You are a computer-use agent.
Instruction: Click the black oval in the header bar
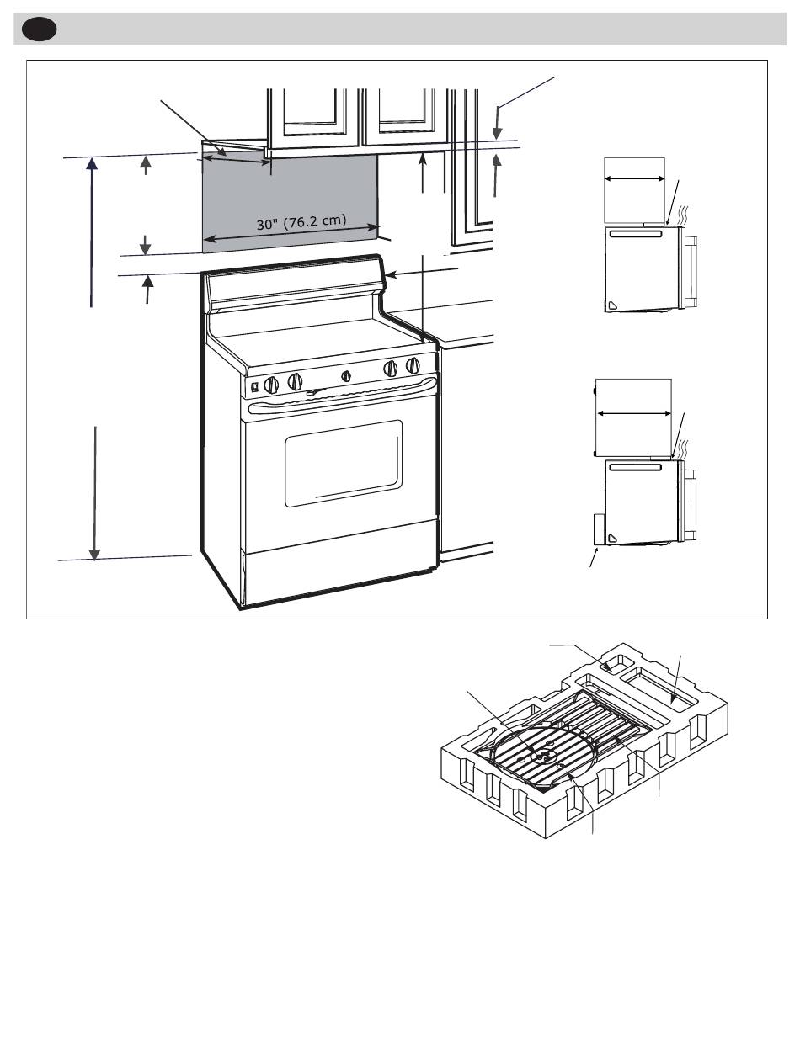point(39,29)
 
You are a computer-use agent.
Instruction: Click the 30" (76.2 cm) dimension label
point(301,222)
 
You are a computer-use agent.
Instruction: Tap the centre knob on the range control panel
point(346,376)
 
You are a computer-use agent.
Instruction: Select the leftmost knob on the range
point(272,385)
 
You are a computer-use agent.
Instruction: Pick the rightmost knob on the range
point(413,365)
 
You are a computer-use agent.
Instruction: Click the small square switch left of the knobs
point(255,386)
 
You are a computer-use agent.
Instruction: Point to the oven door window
point(343,463)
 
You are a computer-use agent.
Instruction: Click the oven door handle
point(343,395)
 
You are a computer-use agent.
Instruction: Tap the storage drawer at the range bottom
point(339,578)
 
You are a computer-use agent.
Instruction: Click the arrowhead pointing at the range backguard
point(391,275)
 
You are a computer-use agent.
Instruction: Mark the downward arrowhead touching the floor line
point(95,555)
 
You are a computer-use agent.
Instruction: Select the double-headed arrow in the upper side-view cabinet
point(634,178)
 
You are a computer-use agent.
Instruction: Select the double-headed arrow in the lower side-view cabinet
point(634,413)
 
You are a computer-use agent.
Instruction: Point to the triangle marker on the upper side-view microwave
point(612,305)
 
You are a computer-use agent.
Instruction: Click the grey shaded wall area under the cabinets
point(290,203)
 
